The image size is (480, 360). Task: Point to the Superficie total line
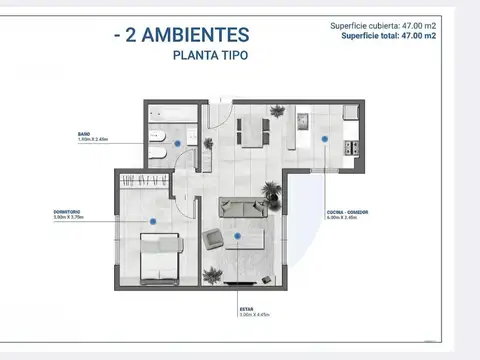point(388,35)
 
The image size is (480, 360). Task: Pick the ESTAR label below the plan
point(245,310)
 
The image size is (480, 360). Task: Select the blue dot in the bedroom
point(152,220)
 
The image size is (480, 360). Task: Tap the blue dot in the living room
point(238,236)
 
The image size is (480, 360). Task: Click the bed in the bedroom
point(159,257)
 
